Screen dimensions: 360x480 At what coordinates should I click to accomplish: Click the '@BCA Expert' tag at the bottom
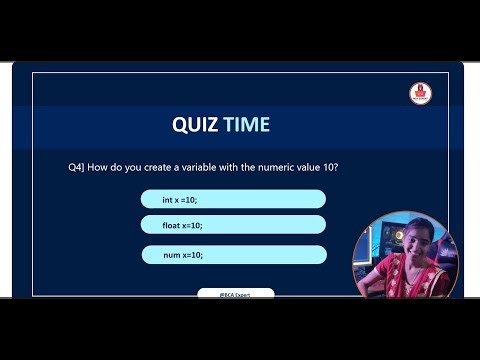pyautogui.click(x=235, y=294)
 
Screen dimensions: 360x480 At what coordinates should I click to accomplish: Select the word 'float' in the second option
pyautogui.click(x=172, y=225)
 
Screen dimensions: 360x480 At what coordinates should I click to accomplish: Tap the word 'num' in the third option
pyautogui.click(x=171, y=255)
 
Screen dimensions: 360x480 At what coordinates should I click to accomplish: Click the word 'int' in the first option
pyautogui.click(x=167, y=199)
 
